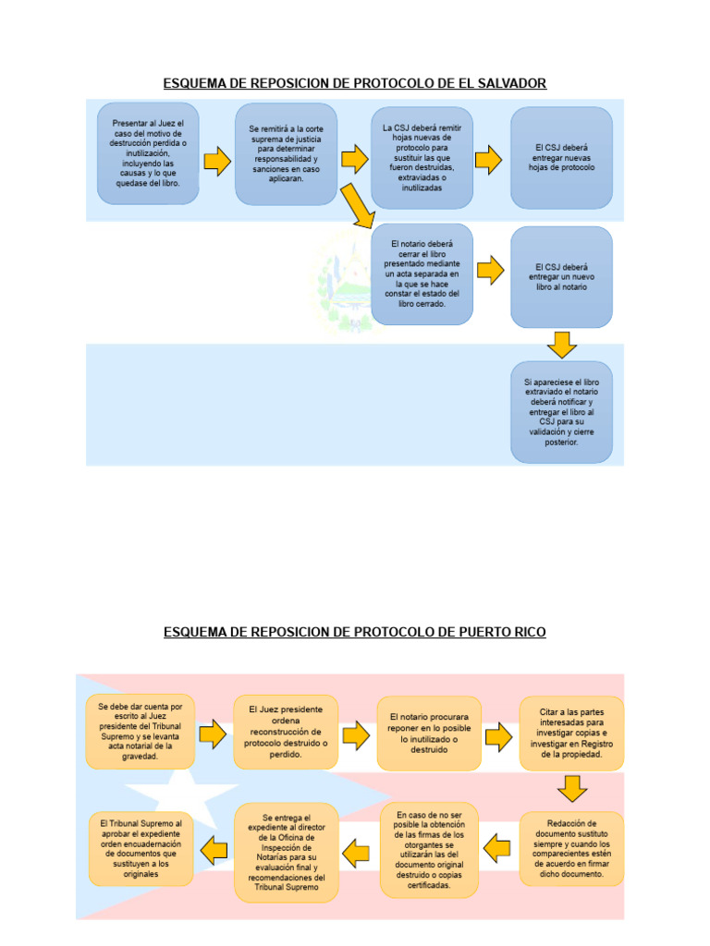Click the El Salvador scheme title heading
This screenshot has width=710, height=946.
tap(355, 83)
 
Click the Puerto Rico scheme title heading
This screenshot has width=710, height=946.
tap(355, 632)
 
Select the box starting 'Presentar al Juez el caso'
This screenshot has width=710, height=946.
tap(148, 153)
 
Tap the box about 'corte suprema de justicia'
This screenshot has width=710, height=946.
tap(285, 153)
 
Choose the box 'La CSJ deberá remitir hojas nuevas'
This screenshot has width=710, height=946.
tap(422, 157)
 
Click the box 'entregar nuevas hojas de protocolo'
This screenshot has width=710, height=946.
tap(561, 157)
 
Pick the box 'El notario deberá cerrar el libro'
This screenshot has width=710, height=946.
tap(422, 273)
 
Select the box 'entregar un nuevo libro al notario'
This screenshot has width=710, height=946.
tap(561, 276)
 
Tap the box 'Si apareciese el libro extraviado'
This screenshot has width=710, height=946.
tap(561, 411)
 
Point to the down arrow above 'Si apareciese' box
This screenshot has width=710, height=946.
tap(561, 345)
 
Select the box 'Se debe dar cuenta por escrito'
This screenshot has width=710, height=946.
tap(141, 732)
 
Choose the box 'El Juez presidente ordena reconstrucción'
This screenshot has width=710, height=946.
tap(287, 732)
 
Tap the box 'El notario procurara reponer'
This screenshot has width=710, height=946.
tap(429, 734)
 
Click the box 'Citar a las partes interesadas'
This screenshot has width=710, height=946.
tap(571, 734)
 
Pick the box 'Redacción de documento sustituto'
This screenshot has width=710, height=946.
tap(571, 847)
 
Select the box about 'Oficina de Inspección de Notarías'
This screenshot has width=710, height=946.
tap(287, 852)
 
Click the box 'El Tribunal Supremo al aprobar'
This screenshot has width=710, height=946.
tap(141, 847)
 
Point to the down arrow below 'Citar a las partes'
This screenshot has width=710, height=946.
tap(572, 789)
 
